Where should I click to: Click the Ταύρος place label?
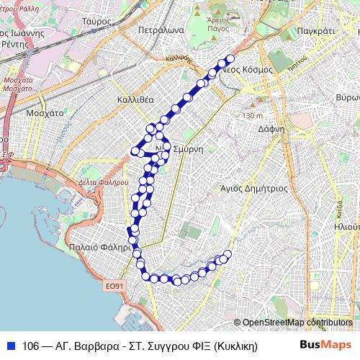click(x=96, y=22)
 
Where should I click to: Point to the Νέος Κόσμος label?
click(x=247, y=70)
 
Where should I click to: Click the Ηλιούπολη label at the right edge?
click(x=346, y=225)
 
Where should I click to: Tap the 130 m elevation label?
click(x=253, y=115)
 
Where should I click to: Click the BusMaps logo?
click(x=322, y=344)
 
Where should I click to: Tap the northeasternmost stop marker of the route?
click(x=230, y=59)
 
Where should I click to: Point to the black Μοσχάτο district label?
click(x=45, y=113)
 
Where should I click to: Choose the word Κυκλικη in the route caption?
click(x=237, y=345)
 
